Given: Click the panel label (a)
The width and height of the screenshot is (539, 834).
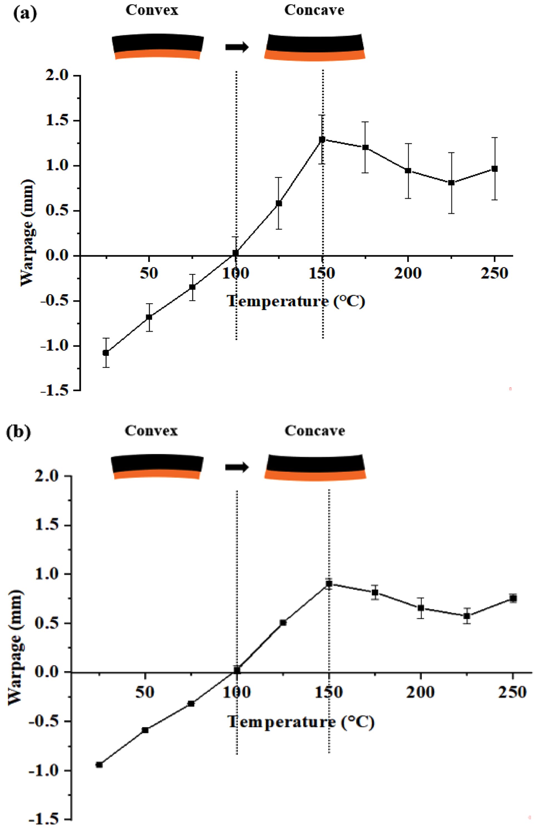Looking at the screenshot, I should pos(24,14).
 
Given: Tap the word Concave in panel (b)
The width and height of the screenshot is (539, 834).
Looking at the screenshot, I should pos(314,431).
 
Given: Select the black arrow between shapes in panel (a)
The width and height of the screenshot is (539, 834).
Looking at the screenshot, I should pos(237,47).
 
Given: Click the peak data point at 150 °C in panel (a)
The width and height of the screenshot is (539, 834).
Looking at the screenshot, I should pos(322,140).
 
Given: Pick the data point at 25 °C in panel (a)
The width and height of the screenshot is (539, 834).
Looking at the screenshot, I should pos(105,353).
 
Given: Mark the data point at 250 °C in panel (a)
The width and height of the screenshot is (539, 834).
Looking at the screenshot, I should pos(494,169).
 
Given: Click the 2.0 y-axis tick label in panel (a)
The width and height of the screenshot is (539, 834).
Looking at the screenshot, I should pos(57,76).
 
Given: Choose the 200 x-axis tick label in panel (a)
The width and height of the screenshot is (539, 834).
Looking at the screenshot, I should pos(408,273).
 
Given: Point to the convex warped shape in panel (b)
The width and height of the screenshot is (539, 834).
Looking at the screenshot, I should pos(157,467).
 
